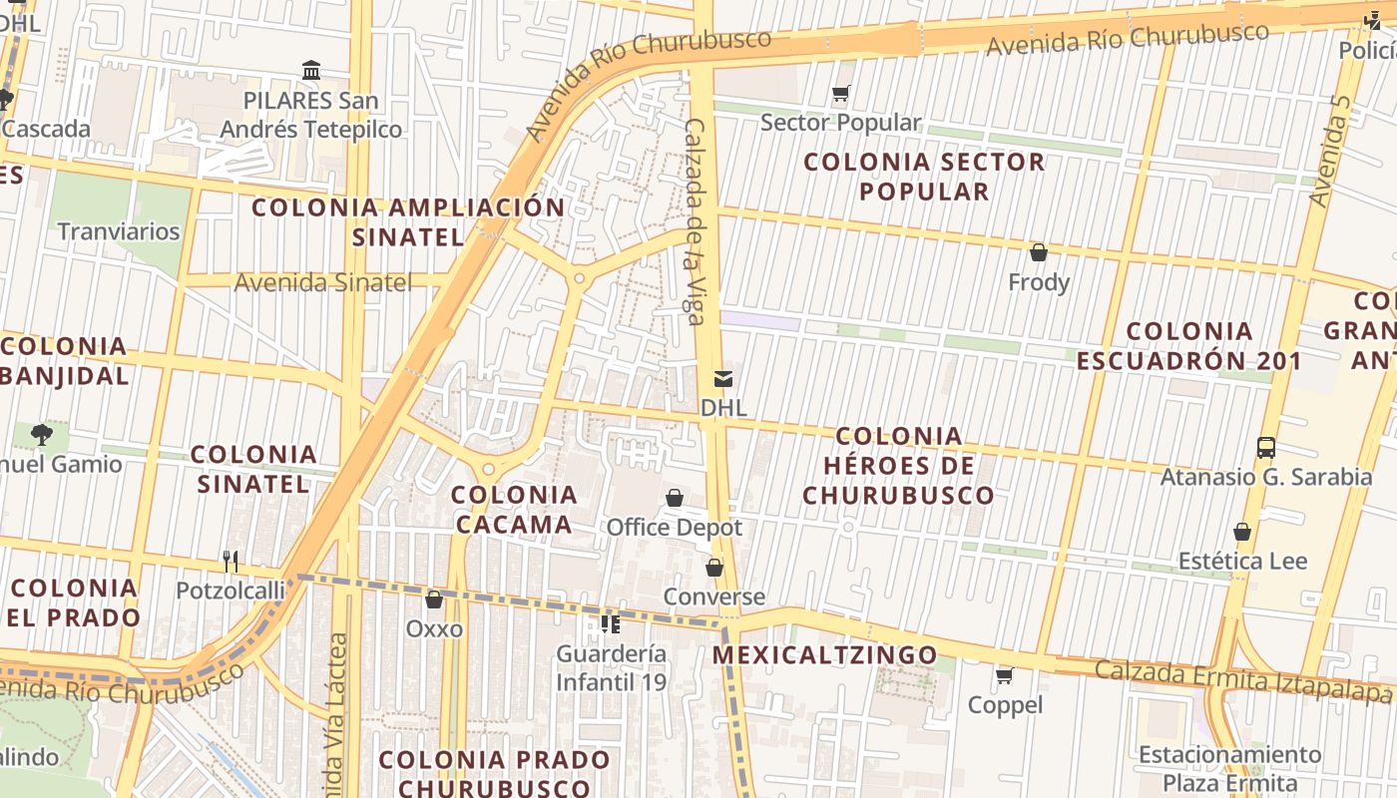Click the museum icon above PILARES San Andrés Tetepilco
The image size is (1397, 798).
pyautogui.click(x=311, y=71)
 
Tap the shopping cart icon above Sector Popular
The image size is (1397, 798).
pyautogui.click(x=840, y=95)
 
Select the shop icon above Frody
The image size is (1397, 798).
pyautogui.click(x=1039, y=252)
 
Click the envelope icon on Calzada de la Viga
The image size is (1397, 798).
pyautogui.click(x=722, y=379)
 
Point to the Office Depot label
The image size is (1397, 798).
pyautogui.click(x=675, y=527)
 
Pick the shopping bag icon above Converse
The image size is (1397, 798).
pyautogui.click(x=714, y=569)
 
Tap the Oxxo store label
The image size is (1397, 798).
pyautogui.click(x=434, y=628)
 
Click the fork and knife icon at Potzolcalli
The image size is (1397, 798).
pyautogui.click(x=231, y=562)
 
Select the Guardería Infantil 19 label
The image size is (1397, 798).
pyautogui.click(x=611, y=668)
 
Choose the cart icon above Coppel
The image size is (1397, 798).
pyautogui.click(x=1005, y=676)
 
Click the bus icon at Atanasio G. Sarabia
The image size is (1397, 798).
pyautogui.click(x=1266, y=448)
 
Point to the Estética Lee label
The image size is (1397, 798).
pyautogui.click(x=1242, y=561)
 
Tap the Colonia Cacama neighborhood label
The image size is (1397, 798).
pyautogui.click(x=514, y=509)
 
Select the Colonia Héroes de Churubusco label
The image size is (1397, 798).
pyautogui.click(x=898, y=465)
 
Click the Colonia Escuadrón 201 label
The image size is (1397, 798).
pyautogui.click(x=1188, y=345)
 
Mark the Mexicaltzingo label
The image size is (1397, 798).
pyautogui.click(x=825, y=655)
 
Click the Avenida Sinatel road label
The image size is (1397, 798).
pyautogui.click(x=322, y=282)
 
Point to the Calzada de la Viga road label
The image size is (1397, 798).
pyautogui.click(x=695, y=221)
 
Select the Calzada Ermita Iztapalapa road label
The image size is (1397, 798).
pyautogui.click(x=1242, y=681)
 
